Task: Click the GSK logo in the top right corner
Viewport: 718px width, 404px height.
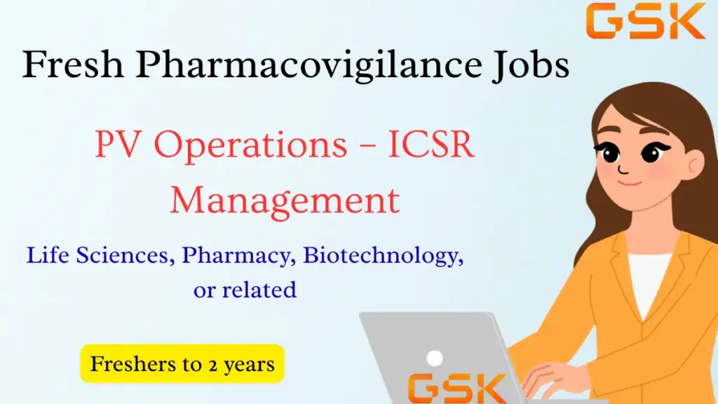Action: click(x=646, y=22)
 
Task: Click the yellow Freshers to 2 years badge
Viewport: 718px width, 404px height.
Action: click(x=182, y=364)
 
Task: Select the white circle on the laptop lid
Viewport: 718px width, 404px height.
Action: click(x=435, y=358)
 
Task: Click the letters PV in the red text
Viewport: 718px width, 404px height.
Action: click(x=115, y=146)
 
